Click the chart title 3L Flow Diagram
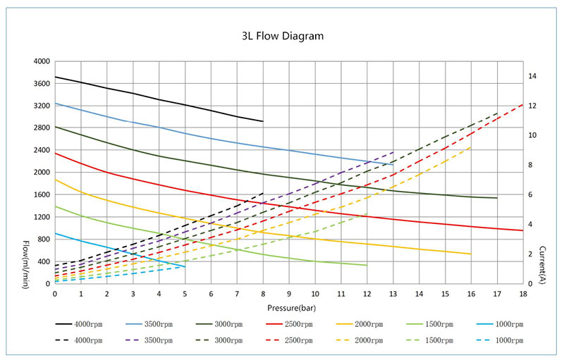point(282,35)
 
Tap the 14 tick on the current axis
point(533,76)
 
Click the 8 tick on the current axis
point(531,165)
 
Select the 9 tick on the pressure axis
point(289,293)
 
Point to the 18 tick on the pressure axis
point(522,293)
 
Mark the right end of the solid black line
point(263,121)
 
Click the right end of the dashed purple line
point(393,151)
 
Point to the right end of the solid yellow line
point(471,254)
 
